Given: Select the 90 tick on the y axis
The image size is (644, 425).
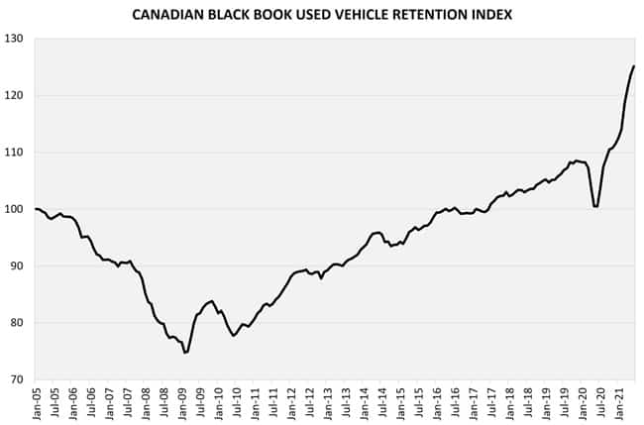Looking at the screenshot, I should (x=18, y=266).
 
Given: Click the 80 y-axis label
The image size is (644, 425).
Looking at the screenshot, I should (x=18, y=323).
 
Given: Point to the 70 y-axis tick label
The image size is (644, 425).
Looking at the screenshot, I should (x=18, y=379).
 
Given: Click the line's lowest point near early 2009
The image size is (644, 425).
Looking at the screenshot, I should (x=184, y=353).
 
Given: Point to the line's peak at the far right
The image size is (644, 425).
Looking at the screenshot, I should (x=634, y=66).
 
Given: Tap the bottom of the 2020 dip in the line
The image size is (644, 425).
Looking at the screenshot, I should (x=594, y=207).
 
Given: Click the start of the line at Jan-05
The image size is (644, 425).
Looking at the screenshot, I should (x=36, y=209).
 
